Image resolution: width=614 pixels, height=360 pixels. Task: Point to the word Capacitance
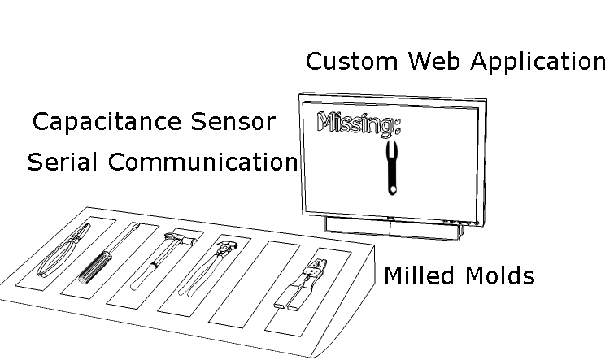[107, 122]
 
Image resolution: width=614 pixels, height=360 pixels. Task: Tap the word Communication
[203, 162]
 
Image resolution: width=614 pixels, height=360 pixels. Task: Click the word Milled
[419, 275]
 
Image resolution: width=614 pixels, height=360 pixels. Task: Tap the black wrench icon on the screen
[391, 166]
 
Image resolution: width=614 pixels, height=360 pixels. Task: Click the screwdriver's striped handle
[96, 265]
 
